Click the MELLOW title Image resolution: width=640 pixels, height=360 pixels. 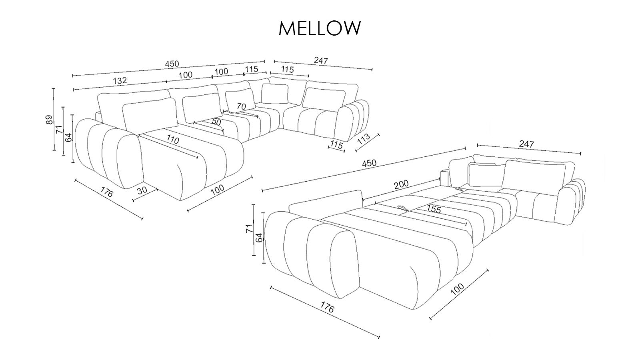(320, 28)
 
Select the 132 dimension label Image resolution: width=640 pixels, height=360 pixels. (120, 80)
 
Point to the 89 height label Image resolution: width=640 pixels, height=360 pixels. (49, 120)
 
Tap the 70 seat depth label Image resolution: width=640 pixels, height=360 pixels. (241, 106)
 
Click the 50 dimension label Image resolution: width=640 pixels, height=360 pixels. (216, 122)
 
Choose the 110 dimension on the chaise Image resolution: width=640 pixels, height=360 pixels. (172, 140)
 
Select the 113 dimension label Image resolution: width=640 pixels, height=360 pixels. (363, 139)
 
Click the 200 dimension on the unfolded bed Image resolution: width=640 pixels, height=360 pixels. (401, 184)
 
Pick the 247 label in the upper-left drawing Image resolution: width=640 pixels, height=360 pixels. (321, 61)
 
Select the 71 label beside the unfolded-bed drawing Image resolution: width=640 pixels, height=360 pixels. (248, 229)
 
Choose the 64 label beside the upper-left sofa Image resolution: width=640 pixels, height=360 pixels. (68, 138)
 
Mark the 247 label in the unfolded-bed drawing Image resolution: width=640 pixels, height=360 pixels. (526, 144)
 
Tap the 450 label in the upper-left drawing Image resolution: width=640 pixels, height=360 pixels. (172, 64)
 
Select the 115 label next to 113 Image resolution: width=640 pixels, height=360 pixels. (337, 145)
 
